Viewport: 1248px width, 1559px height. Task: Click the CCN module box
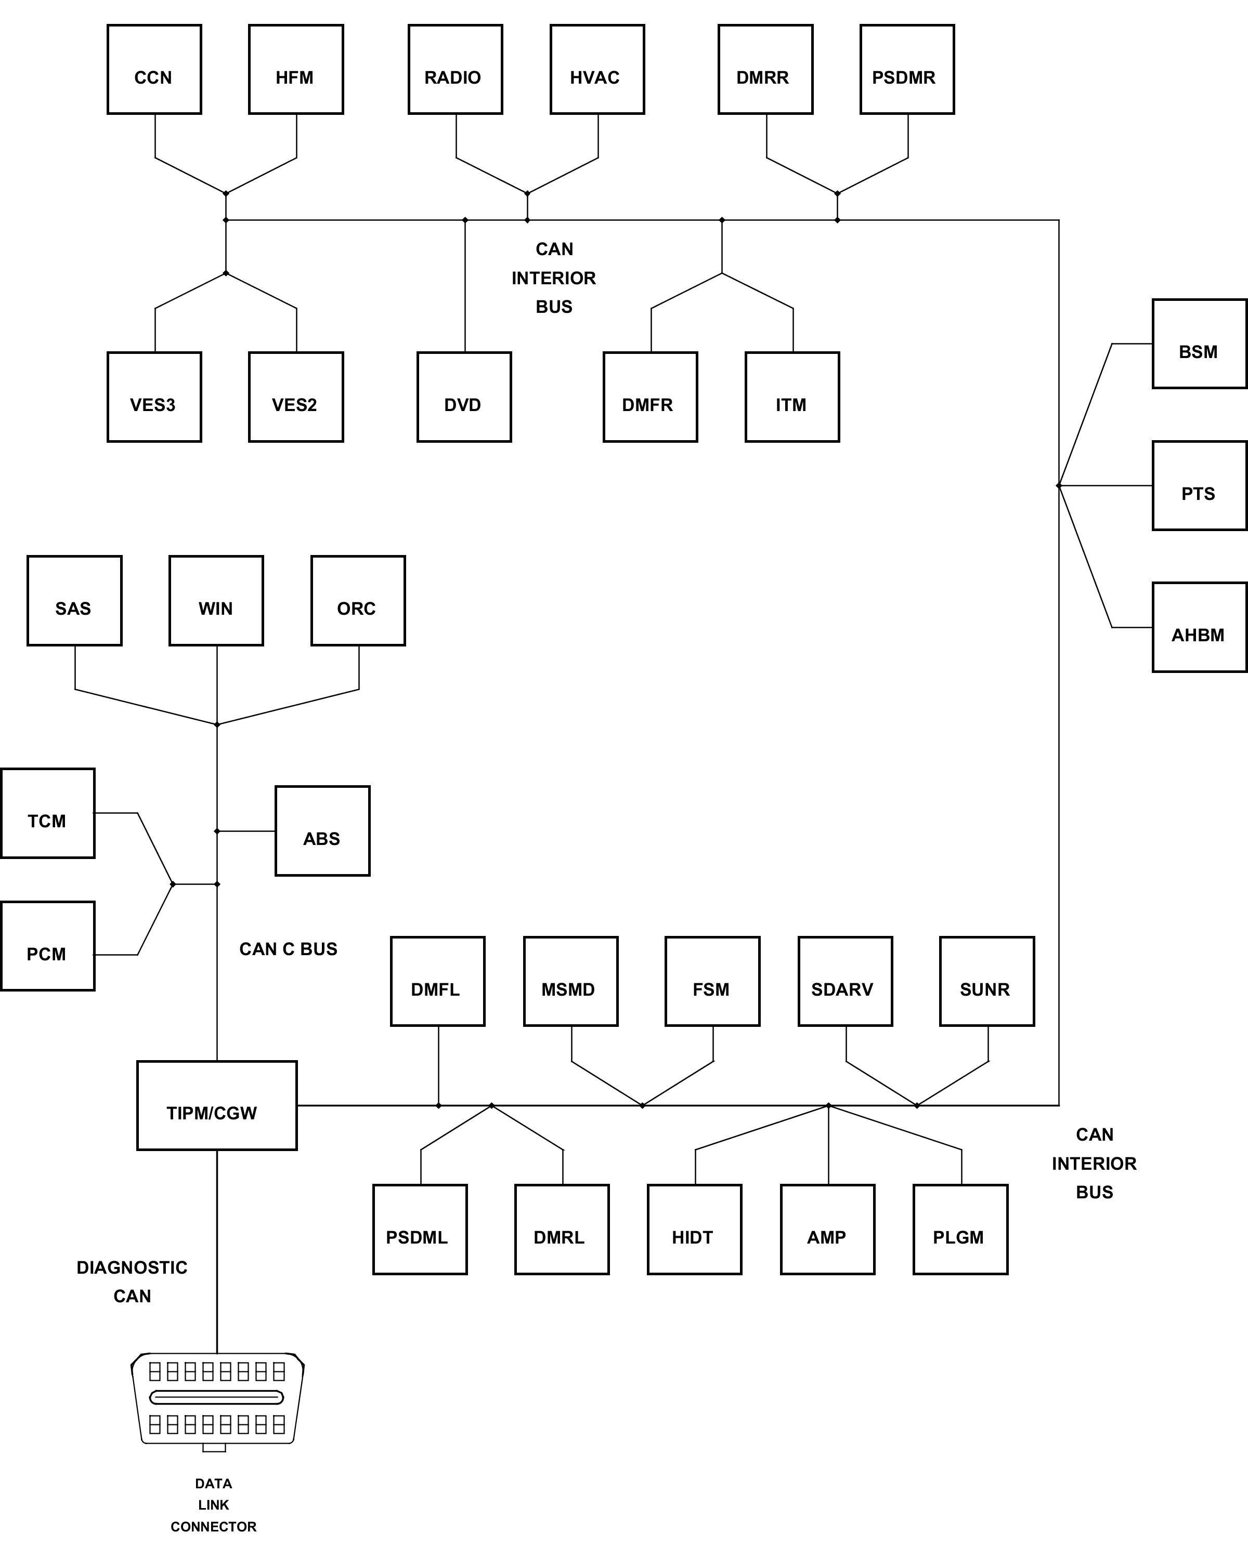[x=154, y=70]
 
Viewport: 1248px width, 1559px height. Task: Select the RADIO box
[x=455, y=70]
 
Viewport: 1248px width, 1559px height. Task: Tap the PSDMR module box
[x=906, y=70]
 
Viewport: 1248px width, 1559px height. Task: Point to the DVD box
[x=464, y=397]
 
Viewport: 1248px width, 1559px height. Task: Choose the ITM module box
[x=792, y=397]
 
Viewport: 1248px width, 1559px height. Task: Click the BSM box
[x=1199, y=344]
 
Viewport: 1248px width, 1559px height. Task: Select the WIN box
[x=216, y=601]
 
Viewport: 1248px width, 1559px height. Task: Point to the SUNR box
[x=987, y=981]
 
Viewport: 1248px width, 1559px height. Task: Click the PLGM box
[x=960, y=1229]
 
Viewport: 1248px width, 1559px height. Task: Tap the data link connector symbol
[x=217, y=1399]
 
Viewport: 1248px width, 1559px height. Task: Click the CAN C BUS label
[x=288, y=949]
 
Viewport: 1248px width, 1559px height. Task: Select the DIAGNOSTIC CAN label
[x=133, y=1281]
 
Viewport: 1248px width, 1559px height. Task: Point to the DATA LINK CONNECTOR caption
[x=213, y=1505]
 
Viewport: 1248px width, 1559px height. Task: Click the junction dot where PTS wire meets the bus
[x=1058, y=486]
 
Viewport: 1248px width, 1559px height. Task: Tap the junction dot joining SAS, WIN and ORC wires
[x=217, y=724]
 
